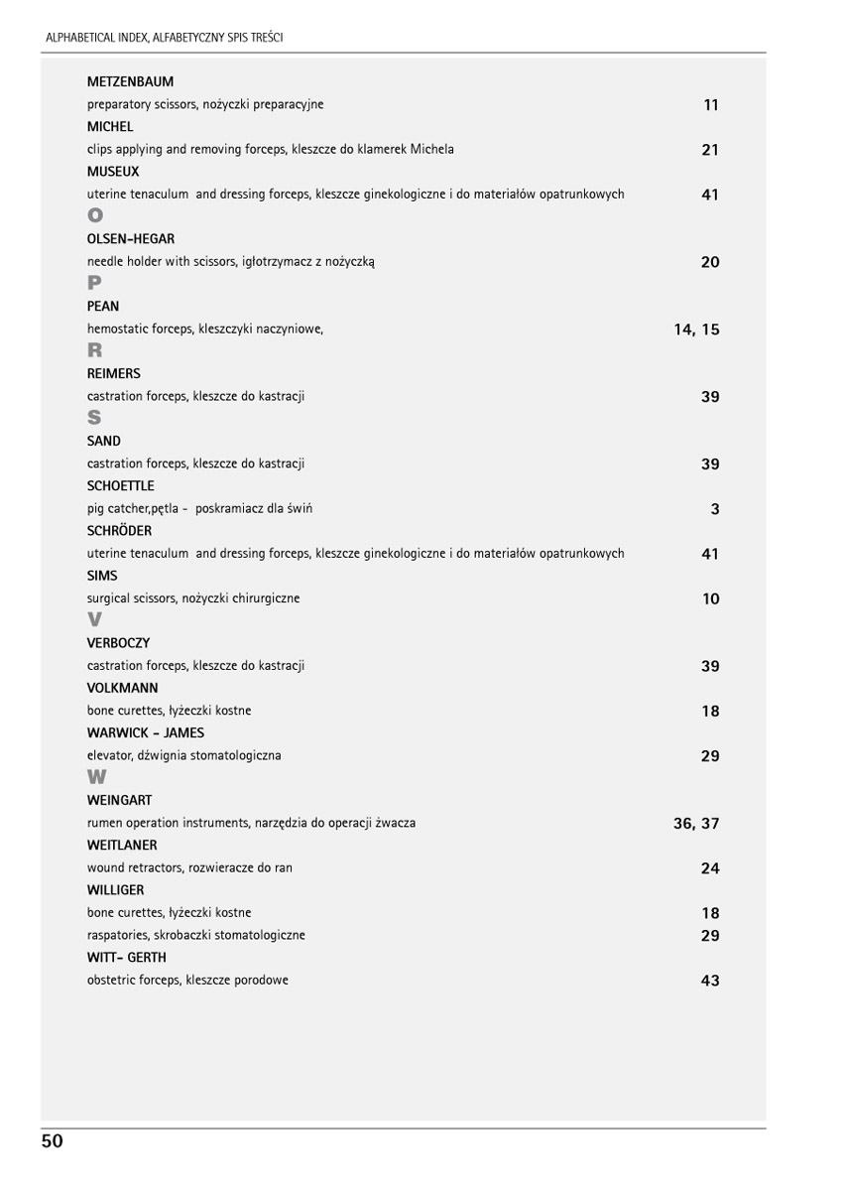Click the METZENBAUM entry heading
point(130,81)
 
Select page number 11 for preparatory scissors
point(710,105)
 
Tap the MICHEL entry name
point(110,127)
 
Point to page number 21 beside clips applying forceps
point(710,150)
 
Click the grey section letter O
point(95,215)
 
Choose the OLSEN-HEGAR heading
point(131,239)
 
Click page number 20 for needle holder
point(710,262)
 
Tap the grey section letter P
point(94,283)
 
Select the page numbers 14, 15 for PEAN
point(696,330)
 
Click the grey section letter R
point(94,350)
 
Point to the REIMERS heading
point(114,374)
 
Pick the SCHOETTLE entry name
point(121,486)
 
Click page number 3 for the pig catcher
point(715,509)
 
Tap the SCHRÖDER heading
point(119,531)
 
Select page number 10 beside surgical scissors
point(710,598)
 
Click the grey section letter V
point(94,620)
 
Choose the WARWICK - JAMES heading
point(146,733)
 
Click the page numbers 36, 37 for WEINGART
point(696,824)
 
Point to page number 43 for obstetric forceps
point(710,981)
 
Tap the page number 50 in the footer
point(53,1141)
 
